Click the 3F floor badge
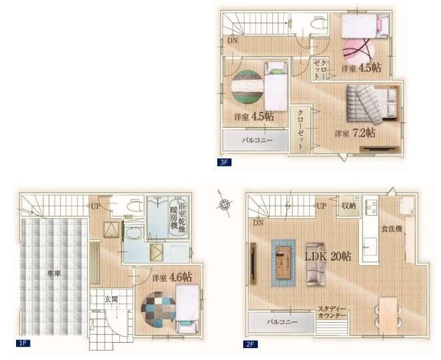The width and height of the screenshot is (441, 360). click(x=224, y=162)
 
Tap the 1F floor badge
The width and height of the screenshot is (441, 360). click(x=23, y=343)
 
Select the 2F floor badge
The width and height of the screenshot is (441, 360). click(x=250, y=344)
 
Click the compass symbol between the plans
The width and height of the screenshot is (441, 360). click(x=224, y=204)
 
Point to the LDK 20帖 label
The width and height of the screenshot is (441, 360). click(x=328, y=256)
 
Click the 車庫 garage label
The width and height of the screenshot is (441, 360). click(x=54, y=273)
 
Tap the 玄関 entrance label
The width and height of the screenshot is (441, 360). click(x=111, y=299)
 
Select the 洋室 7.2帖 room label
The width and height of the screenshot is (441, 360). click(x=355, y=133)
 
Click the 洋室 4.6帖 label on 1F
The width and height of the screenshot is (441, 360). click(x=172, y=277)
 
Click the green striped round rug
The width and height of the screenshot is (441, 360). click(x=248, y=87)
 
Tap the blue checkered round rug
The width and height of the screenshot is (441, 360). click(x=159, y=309)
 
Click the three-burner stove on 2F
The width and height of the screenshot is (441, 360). click(x=371, y=208)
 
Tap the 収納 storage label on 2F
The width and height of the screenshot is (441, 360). click(x=349, y=206)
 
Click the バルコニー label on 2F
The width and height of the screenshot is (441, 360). click(x=282, y=322)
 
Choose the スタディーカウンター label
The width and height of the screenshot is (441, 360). click(x=332, y=312)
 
